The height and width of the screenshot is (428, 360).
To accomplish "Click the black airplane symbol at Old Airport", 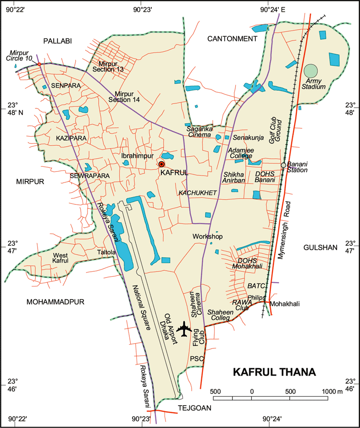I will [x=184, y=329].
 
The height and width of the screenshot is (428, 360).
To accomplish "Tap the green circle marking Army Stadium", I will [x=310, y=71].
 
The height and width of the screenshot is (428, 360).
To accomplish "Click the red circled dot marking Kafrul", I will [x=161, y=164].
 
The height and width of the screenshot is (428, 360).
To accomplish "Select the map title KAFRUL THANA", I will [x=274, y=372].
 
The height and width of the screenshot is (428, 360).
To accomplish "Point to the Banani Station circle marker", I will [x=283, y=165].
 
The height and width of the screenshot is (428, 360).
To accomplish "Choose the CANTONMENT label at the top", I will [x=232, y=39].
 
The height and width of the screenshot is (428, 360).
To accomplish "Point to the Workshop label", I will [x=207, y=236].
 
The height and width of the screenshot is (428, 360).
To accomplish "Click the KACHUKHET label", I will [x=198, y=193].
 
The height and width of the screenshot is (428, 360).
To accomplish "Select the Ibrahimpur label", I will [x=136, y=156].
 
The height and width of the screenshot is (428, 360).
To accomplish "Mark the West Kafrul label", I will [x=61, y=258].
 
